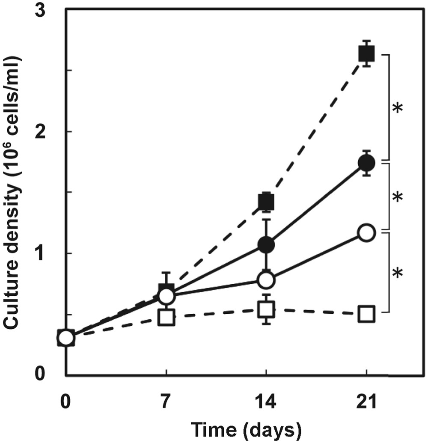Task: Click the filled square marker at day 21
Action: tap(367, 54)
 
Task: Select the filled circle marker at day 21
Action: tap(367, 163)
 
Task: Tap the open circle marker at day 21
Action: tap(367, 233)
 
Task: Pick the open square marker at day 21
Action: tap(367, 315)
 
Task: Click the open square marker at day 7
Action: tap(166, 318)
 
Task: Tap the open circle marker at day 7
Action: tap(166, 296)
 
